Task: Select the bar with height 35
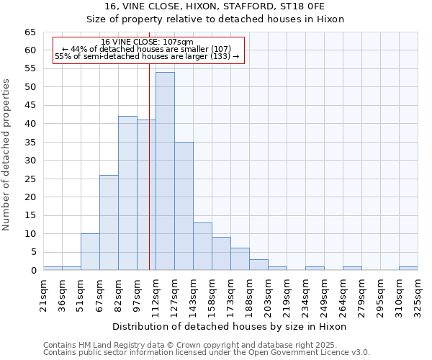(184, 206)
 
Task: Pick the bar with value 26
(109, 222)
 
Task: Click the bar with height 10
(90, 252)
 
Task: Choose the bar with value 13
(202, 246)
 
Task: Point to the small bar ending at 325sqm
(408, 269)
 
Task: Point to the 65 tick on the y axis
(30, 32)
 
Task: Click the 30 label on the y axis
(30, 161)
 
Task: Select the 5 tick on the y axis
(32, 252)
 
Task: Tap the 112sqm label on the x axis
(156, 293)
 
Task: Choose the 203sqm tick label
(269, 293)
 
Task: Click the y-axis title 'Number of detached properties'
(7, 155)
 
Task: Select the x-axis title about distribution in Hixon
(230, 326)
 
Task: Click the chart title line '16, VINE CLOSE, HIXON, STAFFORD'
(215, 6)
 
